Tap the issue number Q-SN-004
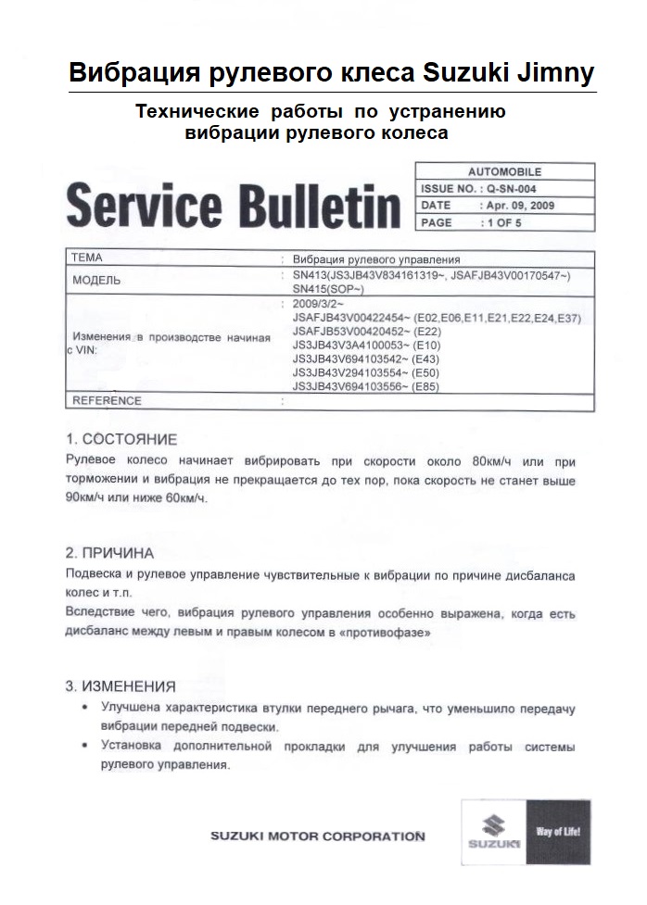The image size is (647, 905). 514,188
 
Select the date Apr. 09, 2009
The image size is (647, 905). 518,205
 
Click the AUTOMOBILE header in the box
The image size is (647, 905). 504,172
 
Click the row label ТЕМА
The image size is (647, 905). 86,258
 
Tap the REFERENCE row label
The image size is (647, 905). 107,401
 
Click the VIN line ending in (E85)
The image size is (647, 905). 366,386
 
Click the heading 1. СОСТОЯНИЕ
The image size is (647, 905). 121,439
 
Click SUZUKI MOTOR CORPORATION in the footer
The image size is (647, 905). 318,836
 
